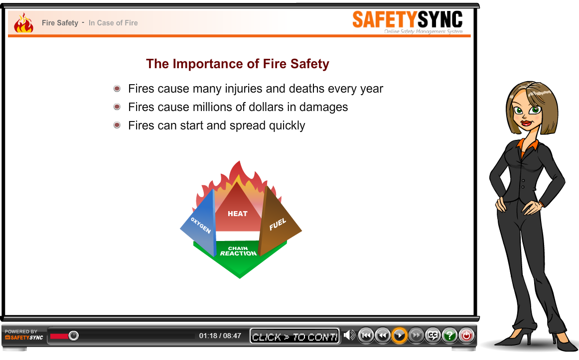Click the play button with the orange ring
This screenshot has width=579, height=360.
399,336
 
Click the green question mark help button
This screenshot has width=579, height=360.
449,336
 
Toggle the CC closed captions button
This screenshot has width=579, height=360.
433,336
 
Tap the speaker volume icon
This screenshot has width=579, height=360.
349,335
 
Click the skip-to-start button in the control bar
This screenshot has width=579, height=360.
366,336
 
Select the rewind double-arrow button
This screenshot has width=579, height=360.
383,336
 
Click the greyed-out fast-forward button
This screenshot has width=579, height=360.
416,336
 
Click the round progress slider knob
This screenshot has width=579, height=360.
73,336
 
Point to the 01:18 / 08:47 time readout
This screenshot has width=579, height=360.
220,336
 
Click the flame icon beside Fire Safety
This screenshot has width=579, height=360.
23,23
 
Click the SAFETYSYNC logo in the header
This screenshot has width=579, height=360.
407,21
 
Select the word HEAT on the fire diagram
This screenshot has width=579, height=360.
238,214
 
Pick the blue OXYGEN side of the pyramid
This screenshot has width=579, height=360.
201,225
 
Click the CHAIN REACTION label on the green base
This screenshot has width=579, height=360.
238,251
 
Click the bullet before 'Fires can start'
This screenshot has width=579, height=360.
117,125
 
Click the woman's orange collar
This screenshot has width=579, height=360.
528,145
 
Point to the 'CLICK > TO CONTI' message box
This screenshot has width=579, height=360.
294,336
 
